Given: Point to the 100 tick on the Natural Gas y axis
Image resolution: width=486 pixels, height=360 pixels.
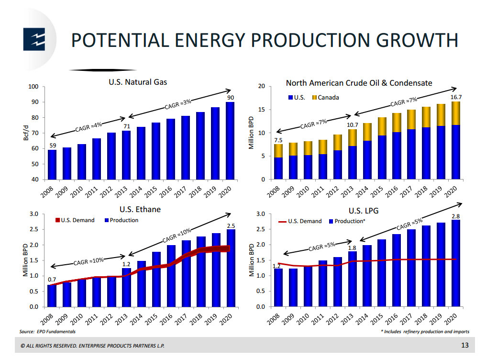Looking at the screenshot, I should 33,87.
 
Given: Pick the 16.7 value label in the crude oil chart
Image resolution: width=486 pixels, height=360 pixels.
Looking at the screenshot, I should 455,97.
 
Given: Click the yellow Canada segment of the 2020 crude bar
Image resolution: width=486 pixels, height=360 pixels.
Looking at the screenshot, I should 455,113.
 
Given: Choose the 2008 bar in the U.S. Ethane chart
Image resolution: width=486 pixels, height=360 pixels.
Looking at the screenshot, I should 51,295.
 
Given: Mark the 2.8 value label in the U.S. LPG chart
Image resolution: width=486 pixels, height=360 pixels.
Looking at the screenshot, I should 455,216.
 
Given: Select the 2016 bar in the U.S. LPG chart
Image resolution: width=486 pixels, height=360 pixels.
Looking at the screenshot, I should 396,270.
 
